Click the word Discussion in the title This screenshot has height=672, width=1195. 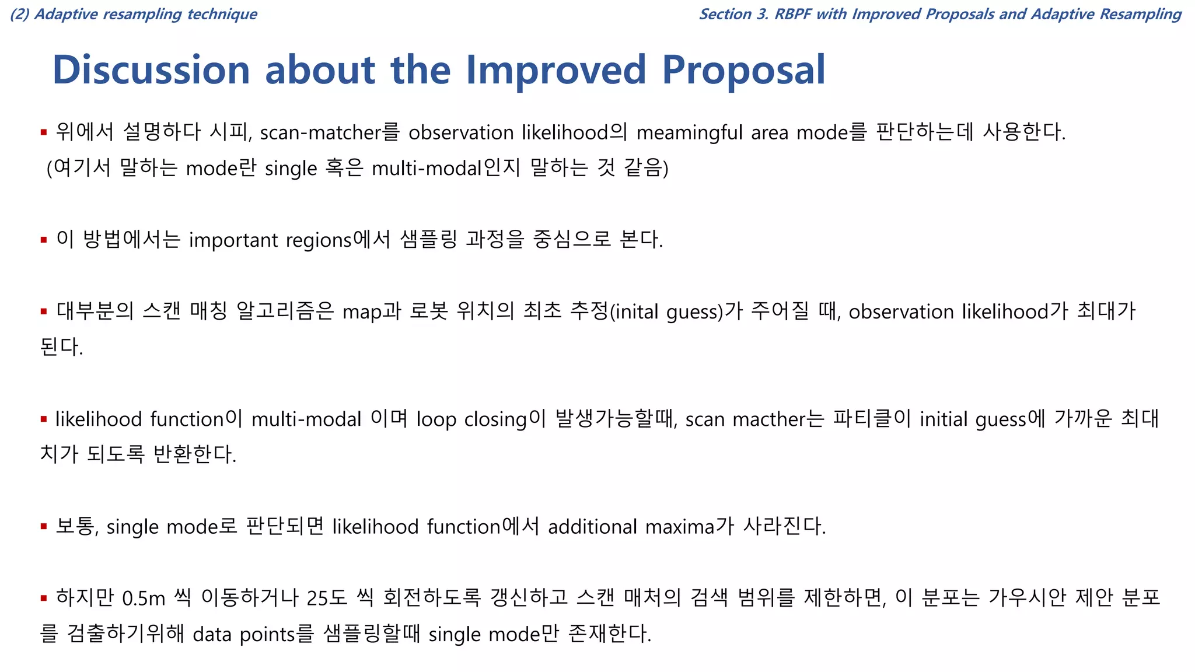click(x=151, y=70)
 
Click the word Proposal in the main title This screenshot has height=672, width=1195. click(x=743, y=70)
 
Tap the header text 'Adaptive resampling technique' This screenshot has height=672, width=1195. click(x=145, y=14)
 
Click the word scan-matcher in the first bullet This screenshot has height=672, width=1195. click(x=320, y=133)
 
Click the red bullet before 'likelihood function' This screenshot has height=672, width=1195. click(x=44, y=419)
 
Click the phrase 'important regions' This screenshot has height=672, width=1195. click(x=270, y=240)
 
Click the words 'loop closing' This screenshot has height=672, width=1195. click(x=471, y=419)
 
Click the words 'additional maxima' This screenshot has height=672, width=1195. click(x=631, y=527)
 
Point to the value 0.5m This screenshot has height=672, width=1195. click(x=144, y=598)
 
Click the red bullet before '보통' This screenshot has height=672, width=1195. click(x=44, y=527)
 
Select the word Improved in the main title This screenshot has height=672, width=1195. click(x=555, y=70)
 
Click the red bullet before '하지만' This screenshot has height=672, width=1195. click(x=44, y=598)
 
